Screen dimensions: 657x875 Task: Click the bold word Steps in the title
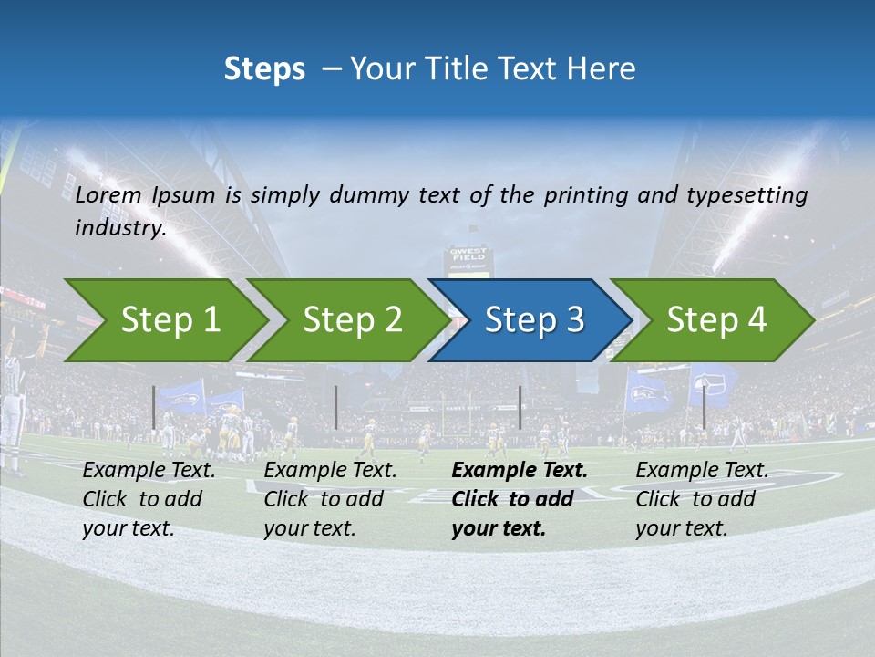pyautogui.click(x=264, y=68)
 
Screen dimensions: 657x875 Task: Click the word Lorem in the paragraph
pyautogui.click(x=106, y=194)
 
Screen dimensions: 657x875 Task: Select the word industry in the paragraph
pyautogui.click(x=118, y=228)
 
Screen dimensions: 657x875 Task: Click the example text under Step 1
pyautogui.click(x=149, y=499)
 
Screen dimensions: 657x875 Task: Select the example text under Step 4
pyautogui.click(x=702, y=499)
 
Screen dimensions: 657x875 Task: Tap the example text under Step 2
pyautogui.click(x=331, y=499)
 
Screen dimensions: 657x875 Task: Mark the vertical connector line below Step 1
pyautogui.click(x=154, y=407)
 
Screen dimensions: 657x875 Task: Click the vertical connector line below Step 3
pyautogui.click(x=520, y=407)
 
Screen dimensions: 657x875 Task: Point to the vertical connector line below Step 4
pyautogui.click(x=704, y=407)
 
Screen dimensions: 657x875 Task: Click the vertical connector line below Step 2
pyautogui.click(x=336, y=407)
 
